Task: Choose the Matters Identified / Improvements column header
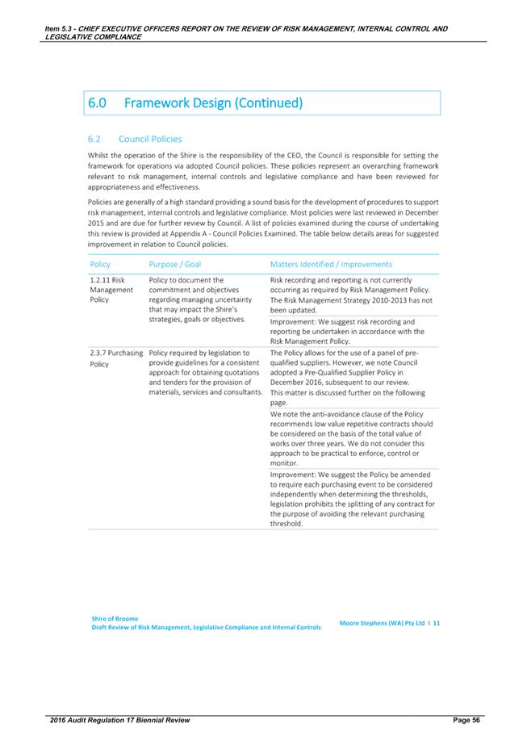coord(331,264)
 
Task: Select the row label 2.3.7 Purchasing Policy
coord(116,358)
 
